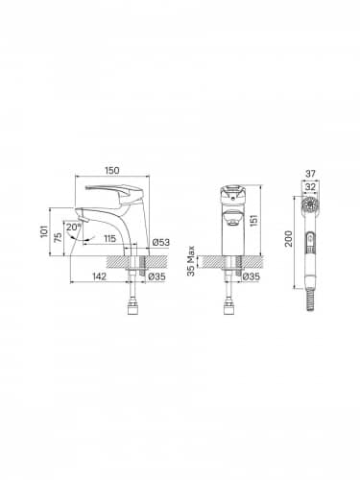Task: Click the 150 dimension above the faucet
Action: click(112, 170)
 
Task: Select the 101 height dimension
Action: click(44, 231)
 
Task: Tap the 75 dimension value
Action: click(58, 237)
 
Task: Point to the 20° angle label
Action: click(73, 228)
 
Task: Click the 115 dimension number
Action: click(109, 238)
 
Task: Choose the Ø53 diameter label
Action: click(161, 242)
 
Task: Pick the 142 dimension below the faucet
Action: click(99, 276)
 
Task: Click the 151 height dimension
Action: click(253, 221)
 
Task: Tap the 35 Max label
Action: click(190, 261)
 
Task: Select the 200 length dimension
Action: click(288, 238)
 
